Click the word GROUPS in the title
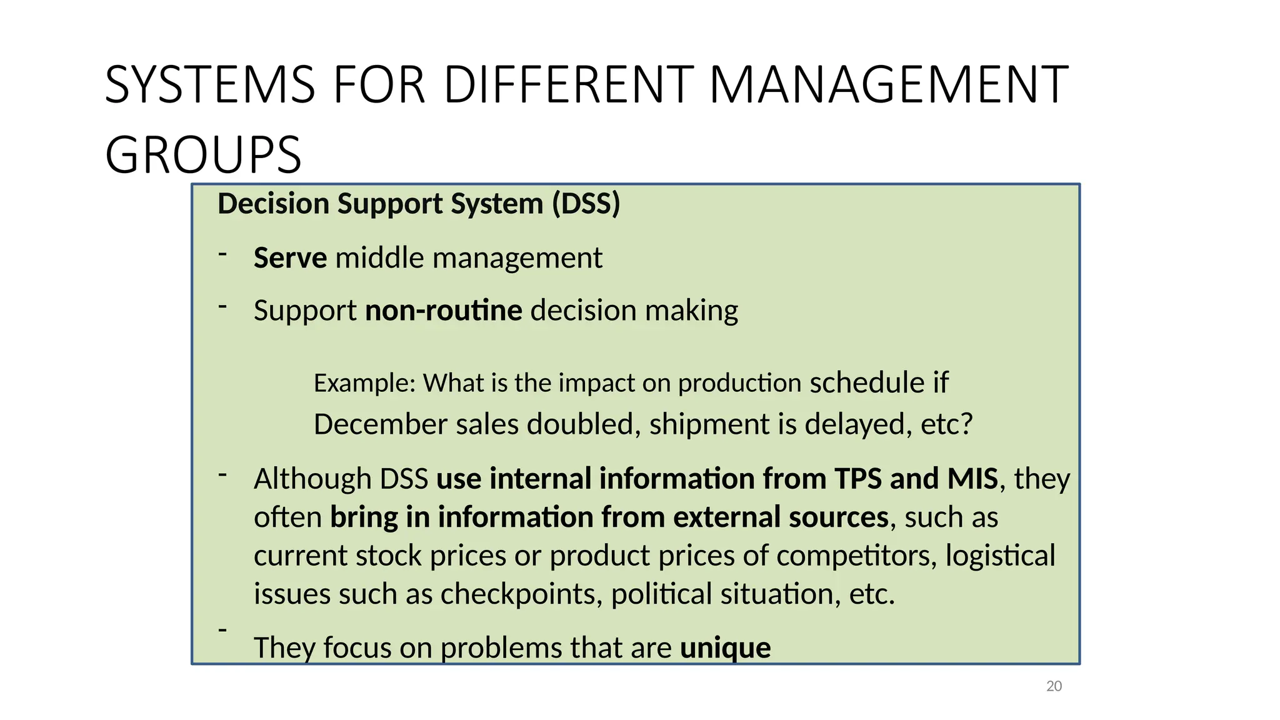203,155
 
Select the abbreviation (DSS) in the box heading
586,204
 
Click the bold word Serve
290,257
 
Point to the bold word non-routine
443,310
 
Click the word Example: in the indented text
364,382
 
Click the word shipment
709,424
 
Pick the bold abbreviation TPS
858,479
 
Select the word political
661,594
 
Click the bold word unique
725,647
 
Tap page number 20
1054,686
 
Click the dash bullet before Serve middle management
222,254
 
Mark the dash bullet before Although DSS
222,475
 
